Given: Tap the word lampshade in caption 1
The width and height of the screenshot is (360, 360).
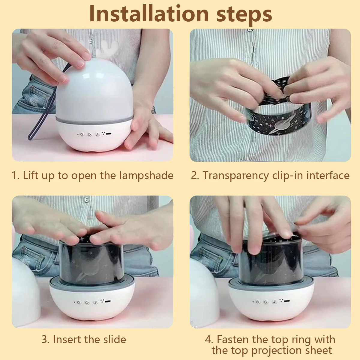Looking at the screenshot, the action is click(146, 175).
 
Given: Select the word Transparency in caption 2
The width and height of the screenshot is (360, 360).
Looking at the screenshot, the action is click(235, 175).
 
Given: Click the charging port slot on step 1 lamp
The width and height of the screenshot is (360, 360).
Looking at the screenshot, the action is click(109, 134).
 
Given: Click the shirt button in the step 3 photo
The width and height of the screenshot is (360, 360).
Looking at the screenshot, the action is click(86, 199).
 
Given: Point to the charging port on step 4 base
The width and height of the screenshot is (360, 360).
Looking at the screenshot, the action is click(287, 301).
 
